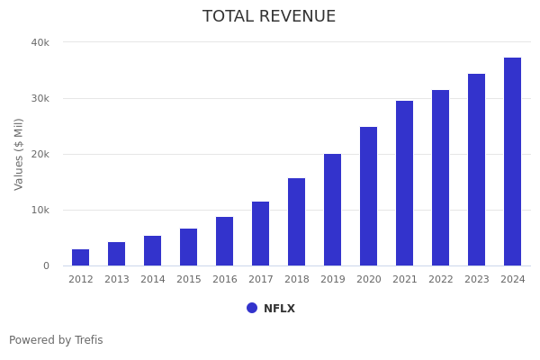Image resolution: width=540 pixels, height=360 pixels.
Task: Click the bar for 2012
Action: click(81, 257)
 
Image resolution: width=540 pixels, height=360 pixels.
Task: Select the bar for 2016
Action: click(225, 241)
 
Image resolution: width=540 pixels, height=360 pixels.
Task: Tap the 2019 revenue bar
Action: click(333, 210)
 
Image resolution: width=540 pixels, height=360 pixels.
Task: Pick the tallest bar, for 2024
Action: click(513, 162)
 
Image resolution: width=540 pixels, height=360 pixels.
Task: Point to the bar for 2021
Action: click(405, 184)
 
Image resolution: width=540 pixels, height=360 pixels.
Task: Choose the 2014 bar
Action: click(153, 251)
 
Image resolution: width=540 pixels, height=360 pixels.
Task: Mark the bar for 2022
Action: click(441, 178)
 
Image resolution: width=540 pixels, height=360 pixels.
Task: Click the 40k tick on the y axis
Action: click(40, 42)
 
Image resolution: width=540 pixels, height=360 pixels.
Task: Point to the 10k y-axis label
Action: click(40, 210)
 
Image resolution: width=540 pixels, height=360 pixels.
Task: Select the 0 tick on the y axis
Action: click(46, 265)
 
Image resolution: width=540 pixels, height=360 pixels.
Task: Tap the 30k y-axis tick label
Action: click(40, 98)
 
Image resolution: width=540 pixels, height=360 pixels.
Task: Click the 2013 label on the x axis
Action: click(117, 280)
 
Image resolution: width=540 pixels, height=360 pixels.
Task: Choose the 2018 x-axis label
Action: click(297, 280)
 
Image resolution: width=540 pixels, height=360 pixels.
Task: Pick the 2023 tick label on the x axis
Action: click(477, 280)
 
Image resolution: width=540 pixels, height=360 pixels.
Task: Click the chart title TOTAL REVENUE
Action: click(269, 17)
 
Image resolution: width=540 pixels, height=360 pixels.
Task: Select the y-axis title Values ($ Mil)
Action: click(19, 154)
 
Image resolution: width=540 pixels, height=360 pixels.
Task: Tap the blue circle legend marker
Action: click(252, 308)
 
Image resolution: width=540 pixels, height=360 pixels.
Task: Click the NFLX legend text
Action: click(279, 309)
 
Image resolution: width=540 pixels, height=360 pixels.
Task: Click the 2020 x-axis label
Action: click(369, 280)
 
